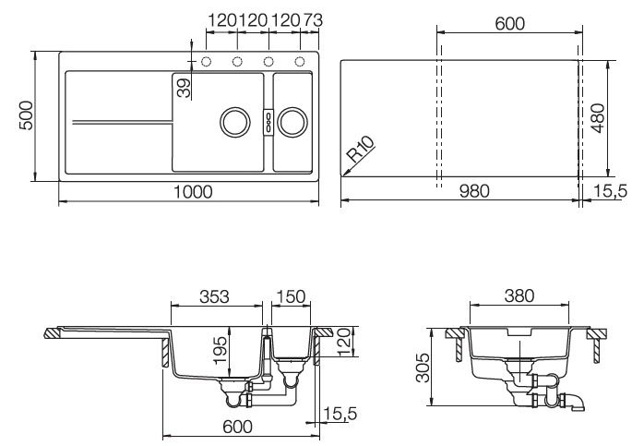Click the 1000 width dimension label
(x=193, y=191)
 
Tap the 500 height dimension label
(x=26, y=115)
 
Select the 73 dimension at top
(x=313, y=20)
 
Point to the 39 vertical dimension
(x=184, y=88)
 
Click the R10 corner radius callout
(x=361, y=149)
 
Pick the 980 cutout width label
(x=474, y=191)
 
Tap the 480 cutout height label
(x=599, y=118)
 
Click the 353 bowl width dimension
(x=214, y=296)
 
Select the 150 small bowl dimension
(x=291, y=296)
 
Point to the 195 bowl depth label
(x=221, y=350)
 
